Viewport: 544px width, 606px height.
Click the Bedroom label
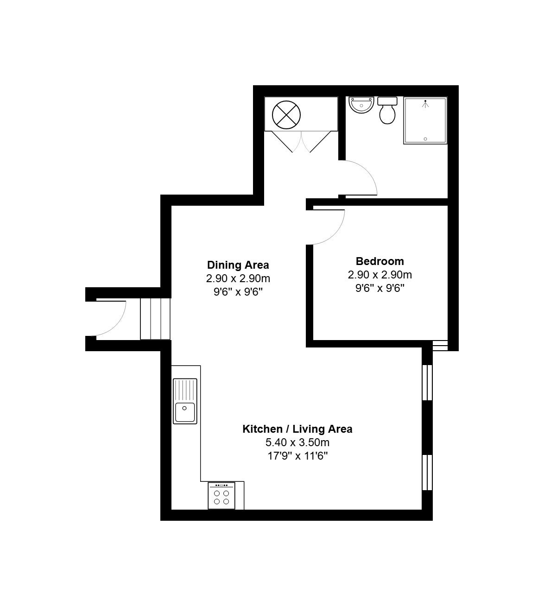click(380, 261)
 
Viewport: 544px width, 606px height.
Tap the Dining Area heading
click(238, 265)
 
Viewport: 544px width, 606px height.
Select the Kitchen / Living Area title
click(297, 429)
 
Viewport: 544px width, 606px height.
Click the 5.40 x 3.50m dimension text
click(297, 442)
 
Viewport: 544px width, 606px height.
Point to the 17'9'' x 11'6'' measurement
click(297, 456)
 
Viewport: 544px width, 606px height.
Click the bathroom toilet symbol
click(387, 110)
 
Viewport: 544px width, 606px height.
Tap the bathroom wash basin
click(361, 105)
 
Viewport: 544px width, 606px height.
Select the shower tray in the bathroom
click(425, 120)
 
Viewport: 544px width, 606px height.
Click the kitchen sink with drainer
click(185, 401)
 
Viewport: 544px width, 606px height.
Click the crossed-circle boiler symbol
click(286, 115)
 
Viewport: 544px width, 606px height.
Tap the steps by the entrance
click(156, 319)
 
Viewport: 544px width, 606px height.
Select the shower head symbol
click(425, 104)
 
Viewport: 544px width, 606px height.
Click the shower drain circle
click(425, 139)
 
